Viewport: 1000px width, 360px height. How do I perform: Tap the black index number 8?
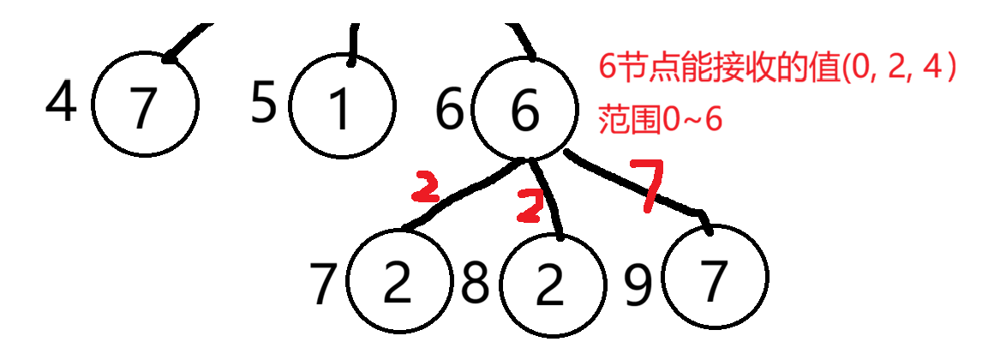(x=476, y=283)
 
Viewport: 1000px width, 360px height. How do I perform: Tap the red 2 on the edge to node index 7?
(x=425, y=186)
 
